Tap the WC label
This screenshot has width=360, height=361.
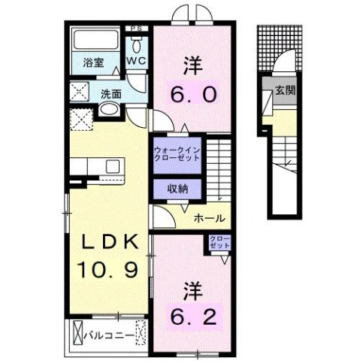click(136, 59)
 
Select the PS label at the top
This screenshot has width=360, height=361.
click(136, 29)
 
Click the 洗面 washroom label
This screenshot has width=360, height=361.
click(112, 95)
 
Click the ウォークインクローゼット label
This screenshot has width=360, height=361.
click(177, 153)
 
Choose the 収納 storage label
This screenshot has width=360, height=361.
click(177, 188)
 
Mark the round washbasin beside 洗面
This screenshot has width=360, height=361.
click(110, 114)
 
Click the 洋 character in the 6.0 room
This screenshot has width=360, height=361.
click(189, 66)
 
